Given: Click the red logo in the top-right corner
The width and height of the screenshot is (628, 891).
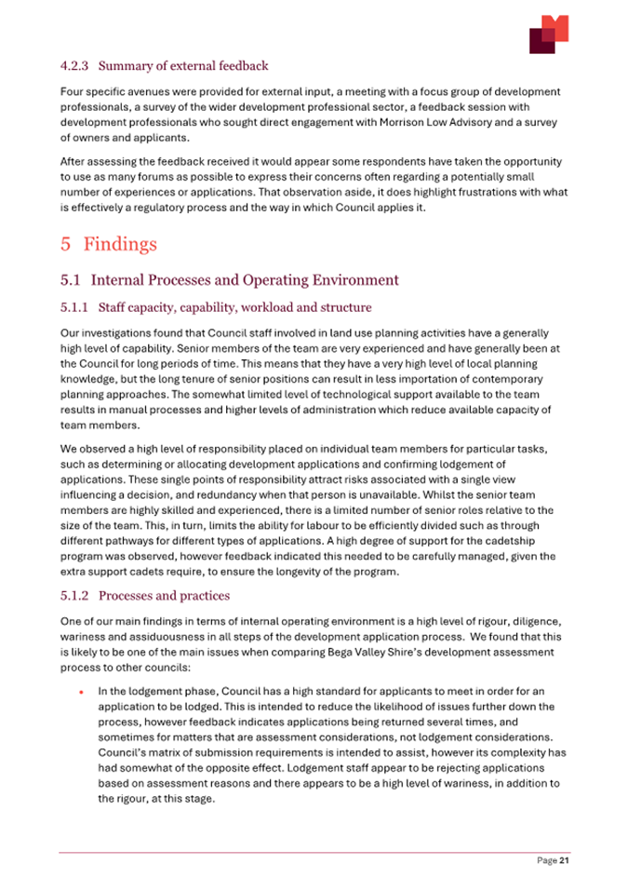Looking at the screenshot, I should [548, 34].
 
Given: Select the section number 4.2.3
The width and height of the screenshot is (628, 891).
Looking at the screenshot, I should [74, 66].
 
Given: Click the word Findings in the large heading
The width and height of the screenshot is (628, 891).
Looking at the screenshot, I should [120, 245].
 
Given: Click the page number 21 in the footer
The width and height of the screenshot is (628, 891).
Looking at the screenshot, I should [563, 861].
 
